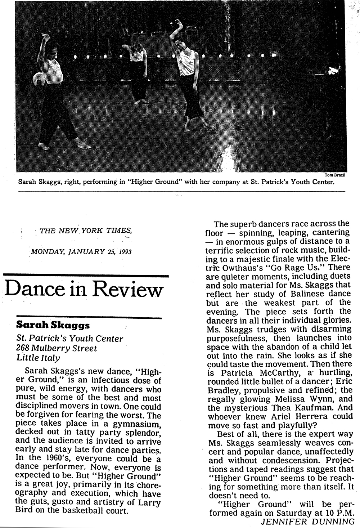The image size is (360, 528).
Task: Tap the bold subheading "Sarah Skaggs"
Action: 53,325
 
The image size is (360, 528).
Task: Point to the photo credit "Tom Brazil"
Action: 334,175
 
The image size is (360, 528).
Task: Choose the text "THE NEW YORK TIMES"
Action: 85,231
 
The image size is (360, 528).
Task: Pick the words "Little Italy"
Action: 38,358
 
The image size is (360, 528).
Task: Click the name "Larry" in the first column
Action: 147,502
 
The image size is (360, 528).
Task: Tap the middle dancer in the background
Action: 139,72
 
